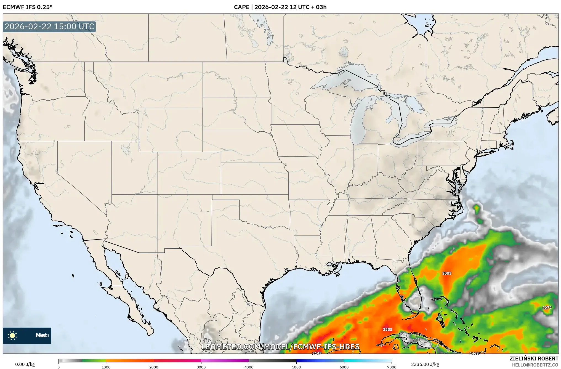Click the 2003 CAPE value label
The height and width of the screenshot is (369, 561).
[446, 273]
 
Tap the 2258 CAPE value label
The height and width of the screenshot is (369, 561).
[387, 329]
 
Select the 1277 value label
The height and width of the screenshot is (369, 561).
[547, 308]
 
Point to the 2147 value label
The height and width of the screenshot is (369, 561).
[317, 353]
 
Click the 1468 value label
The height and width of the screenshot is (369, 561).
[474, 353]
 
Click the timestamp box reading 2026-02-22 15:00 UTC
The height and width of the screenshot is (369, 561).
[49, 26]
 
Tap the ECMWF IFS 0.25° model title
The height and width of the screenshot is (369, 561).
[28, 7]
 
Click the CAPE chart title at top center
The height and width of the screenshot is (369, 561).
[280, 7]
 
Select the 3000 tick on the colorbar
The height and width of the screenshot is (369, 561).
[201, 367]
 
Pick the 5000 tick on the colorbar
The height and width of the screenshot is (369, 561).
[296, 367]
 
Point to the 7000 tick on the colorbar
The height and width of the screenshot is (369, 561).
[392, 367]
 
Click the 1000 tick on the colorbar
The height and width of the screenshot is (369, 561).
[106, 367]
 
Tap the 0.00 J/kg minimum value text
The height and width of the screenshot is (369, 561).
[25, 364]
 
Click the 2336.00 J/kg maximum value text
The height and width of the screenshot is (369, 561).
[425, 364]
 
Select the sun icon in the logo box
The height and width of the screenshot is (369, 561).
[12, 335]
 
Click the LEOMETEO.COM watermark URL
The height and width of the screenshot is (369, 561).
[280, 347]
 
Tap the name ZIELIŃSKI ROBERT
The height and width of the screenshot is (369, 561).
[534, 359]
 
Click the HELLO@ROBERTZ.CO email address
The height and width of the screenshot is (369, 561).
[535, 365]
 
